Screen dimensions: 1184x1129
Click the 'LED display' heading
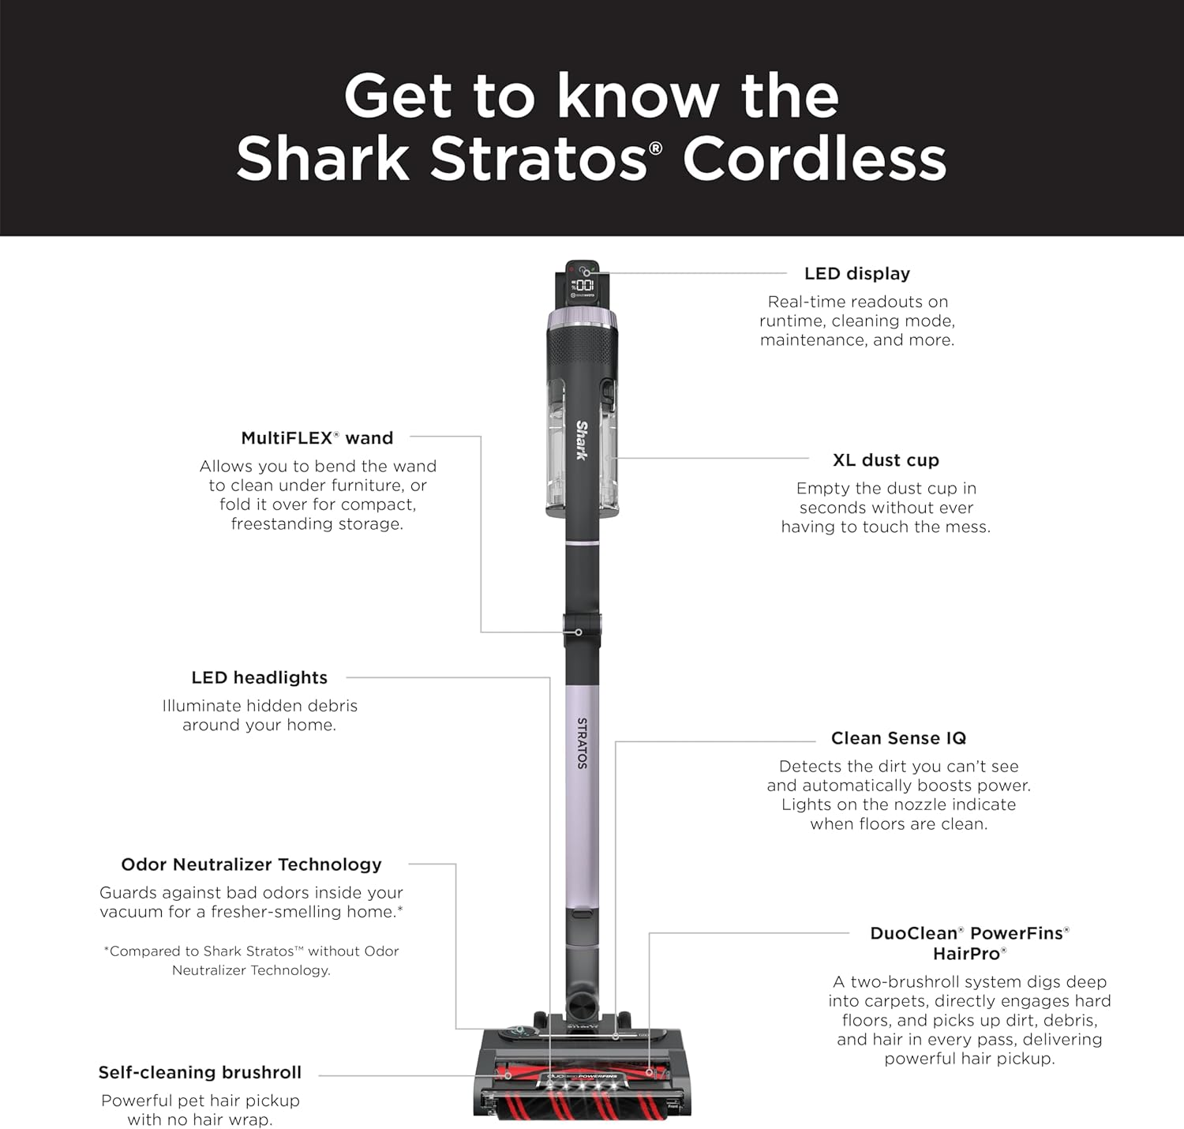857,273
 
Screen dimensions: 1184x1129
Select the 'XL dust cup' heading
886,460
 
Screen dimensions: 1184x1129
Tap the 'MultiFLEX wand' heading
317,438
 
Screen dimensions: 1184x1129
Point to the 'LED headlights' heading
259,677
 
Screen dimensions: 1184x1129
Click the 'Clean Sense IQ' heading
898,738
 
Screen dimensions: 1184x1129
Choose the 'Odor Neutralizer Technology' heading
251,865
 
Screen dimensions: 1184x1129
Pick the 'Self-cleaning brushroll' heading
200,1072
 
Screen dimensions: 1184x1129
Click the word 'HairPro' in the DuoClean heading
969,954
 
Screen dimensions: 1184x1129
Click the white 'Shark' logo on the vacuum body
582,440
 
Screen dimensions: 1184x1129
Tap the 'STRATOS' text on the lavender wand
582,743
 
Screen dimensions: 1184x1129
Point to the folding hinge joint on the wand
582,631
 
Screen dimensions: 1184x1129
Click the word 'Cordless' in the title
815,159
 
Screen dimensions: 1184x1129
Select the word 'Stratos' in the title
540,159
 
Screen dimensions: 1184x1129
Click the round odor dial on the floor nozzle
515,1032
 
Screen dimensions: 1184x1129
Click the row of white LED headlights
581,1086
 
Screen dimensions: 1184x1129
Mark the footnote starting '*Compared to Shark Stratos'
251,960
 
